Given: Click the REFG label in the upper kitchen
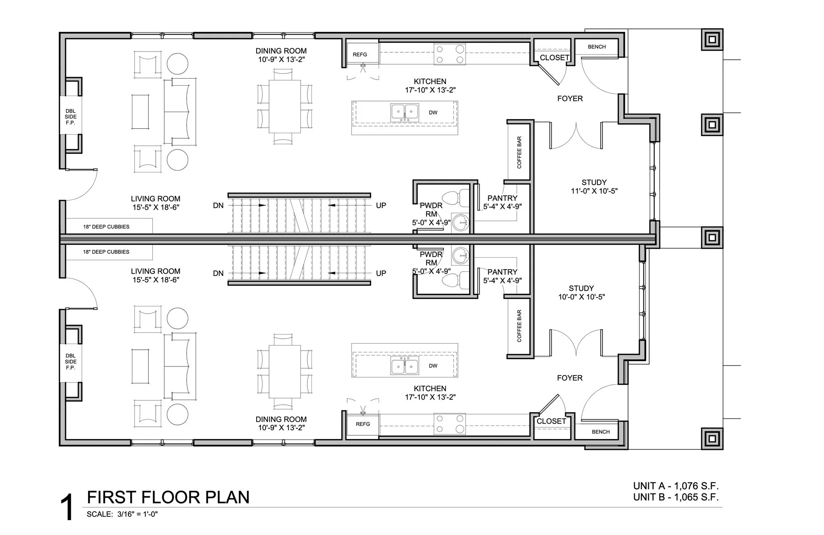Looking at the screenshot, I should point(360,54).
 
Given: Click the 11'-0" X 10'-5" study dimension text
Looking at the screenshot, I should point(594,191).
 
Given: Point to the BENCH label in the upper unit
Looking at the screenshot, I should point(597,47).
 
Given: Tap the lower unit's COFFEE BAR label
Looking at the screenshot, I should point(519,326).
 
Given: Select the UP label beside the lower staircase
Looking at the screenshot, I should point(381,273).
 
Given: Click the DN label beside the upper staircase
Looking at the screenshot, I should point(218,205).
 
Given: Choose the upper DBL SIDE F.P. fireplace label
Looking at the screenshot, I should point(70,117).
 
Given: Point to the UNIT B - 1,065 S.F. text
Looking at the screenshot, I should point(676,497).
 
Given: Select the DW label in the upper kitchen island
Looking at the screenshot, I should point(433,113).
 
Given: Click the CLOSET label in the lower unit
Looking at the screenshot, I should point(551,421).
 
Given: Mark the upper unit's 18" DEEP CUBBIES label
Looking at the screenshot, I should point(106,227).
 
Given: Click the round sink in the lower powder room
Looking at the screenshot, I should point(460,256).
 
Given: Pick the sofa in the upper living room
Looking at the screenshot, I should point(180,111).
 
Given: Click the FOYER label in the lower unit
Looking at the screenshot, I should point(570,378).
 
